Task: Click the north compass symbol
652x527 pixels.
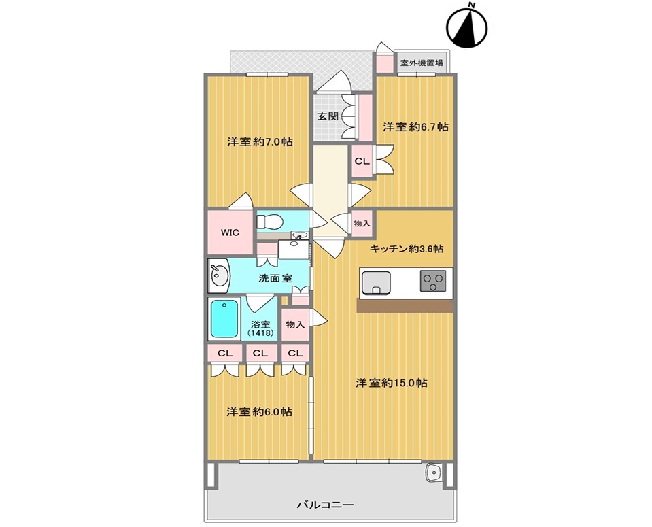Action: tap(466, 25)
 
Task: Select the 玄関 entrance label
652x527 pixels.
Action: tap(328, 116)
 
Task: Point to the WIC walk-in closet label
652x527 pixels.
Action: tap(230, 232)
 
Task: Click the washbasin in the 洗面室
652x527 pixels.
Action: tap(219, 275)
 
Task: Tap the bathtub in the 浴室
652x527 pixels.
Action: tap(225, 318)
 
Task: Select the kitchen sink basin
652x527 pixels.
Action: tap(376, 283)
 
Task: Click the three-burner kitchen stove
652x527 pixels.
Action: tap(433, 281)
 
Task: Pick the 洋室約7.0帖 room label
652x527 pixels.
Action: tap(260, 142)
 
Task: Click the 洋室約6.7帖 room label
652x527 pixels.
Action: tap(415, 127)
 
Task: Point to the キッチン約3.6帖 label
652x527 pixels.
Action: tap(407, 249)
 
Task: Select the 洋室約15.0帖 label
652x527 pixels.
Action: tap(392, 383)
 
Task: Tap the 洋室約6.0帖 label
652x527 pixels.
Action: tap(259, 412)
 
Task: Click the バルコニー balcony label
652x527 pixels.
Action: tap(326, 505)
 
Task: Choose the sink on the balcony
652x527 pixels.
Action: tap(435, 473)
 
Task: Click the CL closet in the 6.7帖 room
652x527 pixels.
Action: tap(362, 161)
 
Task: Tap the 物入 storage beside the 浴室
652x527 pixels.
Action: tap(295, 324)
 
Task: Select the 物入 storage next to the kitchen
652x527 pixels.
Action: tap(362, 223)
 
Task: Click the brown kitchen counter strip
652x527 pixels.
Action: tap(405, 306)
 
